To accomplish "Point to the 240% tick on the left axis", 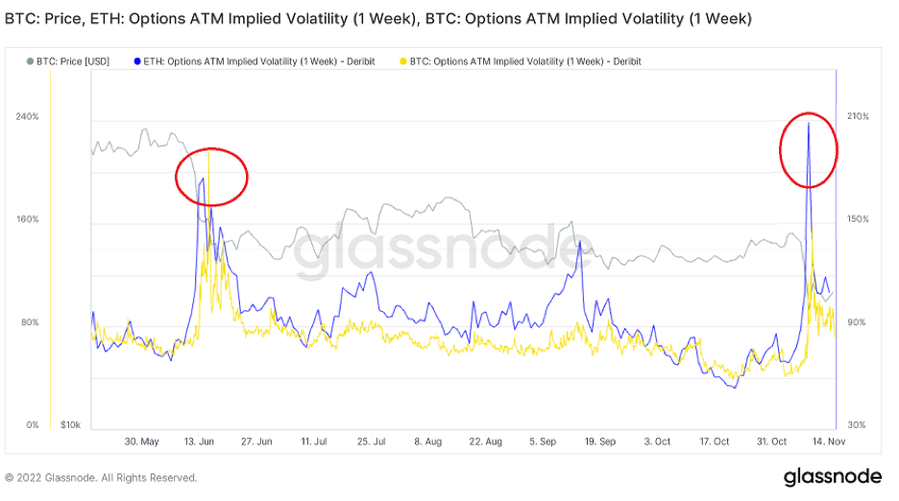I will pyautogui.click(x=26, y=117).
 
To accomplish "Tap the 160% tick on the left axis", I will pyautogui.click(x=26, y=220).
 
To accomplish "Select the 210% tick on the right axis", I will pyautogui.click(x=858, y=117).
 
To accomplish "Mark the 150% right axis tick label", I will pyautogui.click(x=858, y=220).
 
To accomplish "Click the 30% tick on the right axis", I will pyautogui.click(x=858, y=425).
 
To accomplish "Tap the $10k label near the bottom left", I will pyautogui.click(x=68, y=425).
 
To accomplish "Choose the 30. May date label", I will pyautogui.click(x=142, y=441).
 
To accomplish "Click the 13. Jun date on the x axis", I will pyautogui.click(x=200, y=441).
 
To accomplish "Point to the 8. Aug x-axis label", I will pyautogui.click(x=428, y=441).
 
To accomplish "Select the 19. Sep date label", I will pyautogui.click(x=600, y=441).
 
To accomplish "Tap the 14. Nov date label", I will pyautogui.click(x=828, y=441).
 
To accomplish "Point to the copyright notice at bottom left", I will pyautogui.click(x=101, y=478).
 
